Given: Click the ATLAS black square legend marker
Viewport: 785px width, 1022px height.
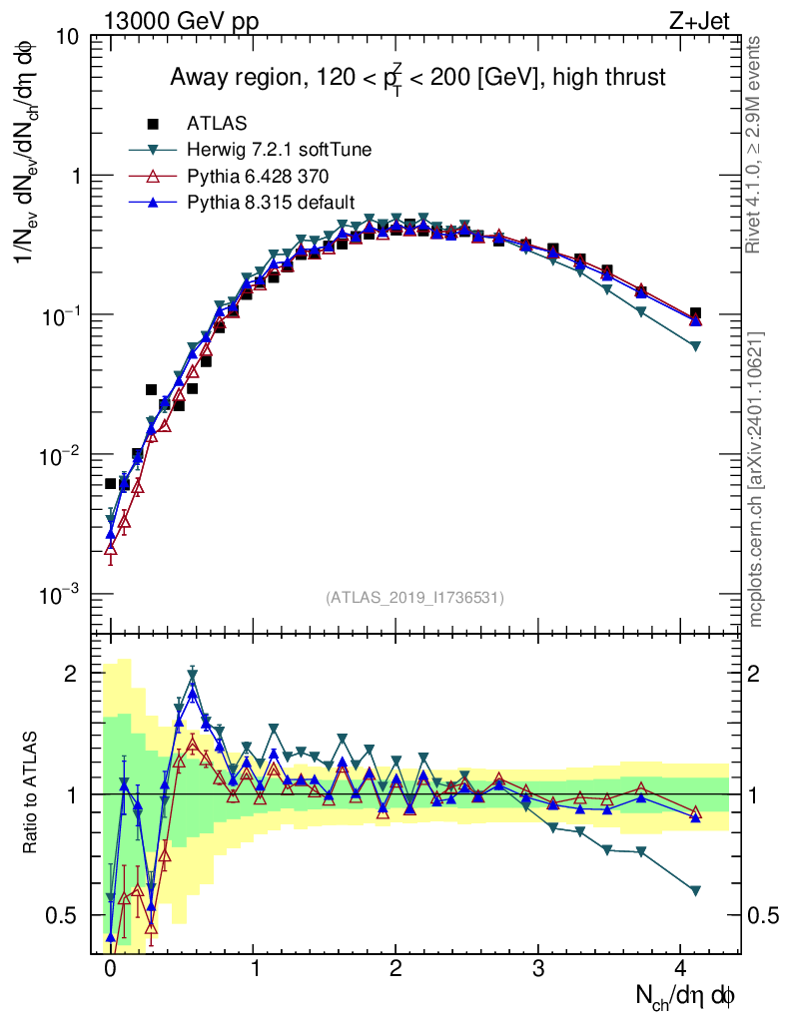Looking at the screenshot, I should point(153,124).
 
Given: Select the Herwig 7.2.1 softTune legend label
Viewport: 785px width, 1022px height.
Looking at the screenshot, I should point(280,151).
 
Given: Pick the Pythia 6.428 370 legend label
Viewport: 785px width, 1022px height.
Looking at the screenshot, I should point(258,177).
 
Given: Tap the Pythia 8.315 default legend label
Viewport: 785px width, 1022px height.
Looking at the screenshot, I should point(271,203).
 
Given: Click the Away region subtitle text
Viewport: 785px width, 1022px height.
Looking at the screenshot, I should point(416,78).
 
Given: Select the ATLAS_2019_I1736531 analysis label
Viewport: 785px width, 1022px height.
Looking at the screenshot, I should point(414,597).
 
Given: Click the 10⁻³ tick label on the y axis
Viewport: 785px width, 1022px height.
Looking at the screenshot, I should point(62,595).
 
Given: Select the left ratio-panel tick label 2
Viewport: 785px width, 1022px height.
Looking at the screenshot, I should point(71,674).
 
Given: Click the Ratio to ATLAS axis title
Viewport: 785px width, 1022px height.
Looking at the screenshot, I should point(32,793).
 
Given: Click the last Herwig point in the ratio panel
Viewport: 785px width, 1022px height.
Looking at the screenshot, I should point(695,890).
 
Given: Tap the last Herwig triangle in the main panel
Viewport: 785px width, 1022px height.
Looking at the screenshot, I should point(695,346).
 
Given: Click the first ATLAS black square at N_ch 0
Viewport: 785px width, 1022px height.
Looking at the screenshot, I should point(111,483).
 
